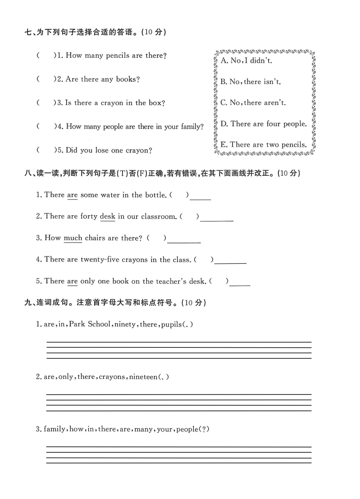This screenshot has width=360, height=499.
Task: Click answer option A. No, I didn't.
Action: tap(246, 60)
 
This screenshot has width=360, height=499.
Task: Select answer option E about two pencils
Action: tap(264, 145)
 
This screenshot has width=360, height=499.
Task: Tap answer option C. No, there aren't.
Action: tap(253, 103)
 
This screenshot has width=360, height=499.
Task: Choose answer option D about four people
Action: tap(264, 124)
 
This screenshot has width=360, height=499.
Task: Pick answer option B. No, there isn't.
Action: tap(251, 82)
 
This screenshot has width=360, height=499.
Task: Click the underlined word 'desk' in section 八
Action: tap(107, 217)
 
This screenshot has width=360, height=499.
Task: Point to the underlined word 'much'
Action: tap(73, 238)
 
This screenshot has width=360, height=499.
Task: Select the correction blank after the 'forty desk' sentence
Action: tap(216, 218)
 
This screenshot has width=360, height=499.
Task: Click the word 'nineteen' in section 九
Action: tap(143, 377)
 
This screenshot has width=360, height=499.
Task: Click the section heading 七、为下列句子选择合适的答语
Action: tap(96, 32)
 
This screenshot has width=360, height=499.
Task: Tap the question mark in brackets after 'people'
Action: tap(205, 429)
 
